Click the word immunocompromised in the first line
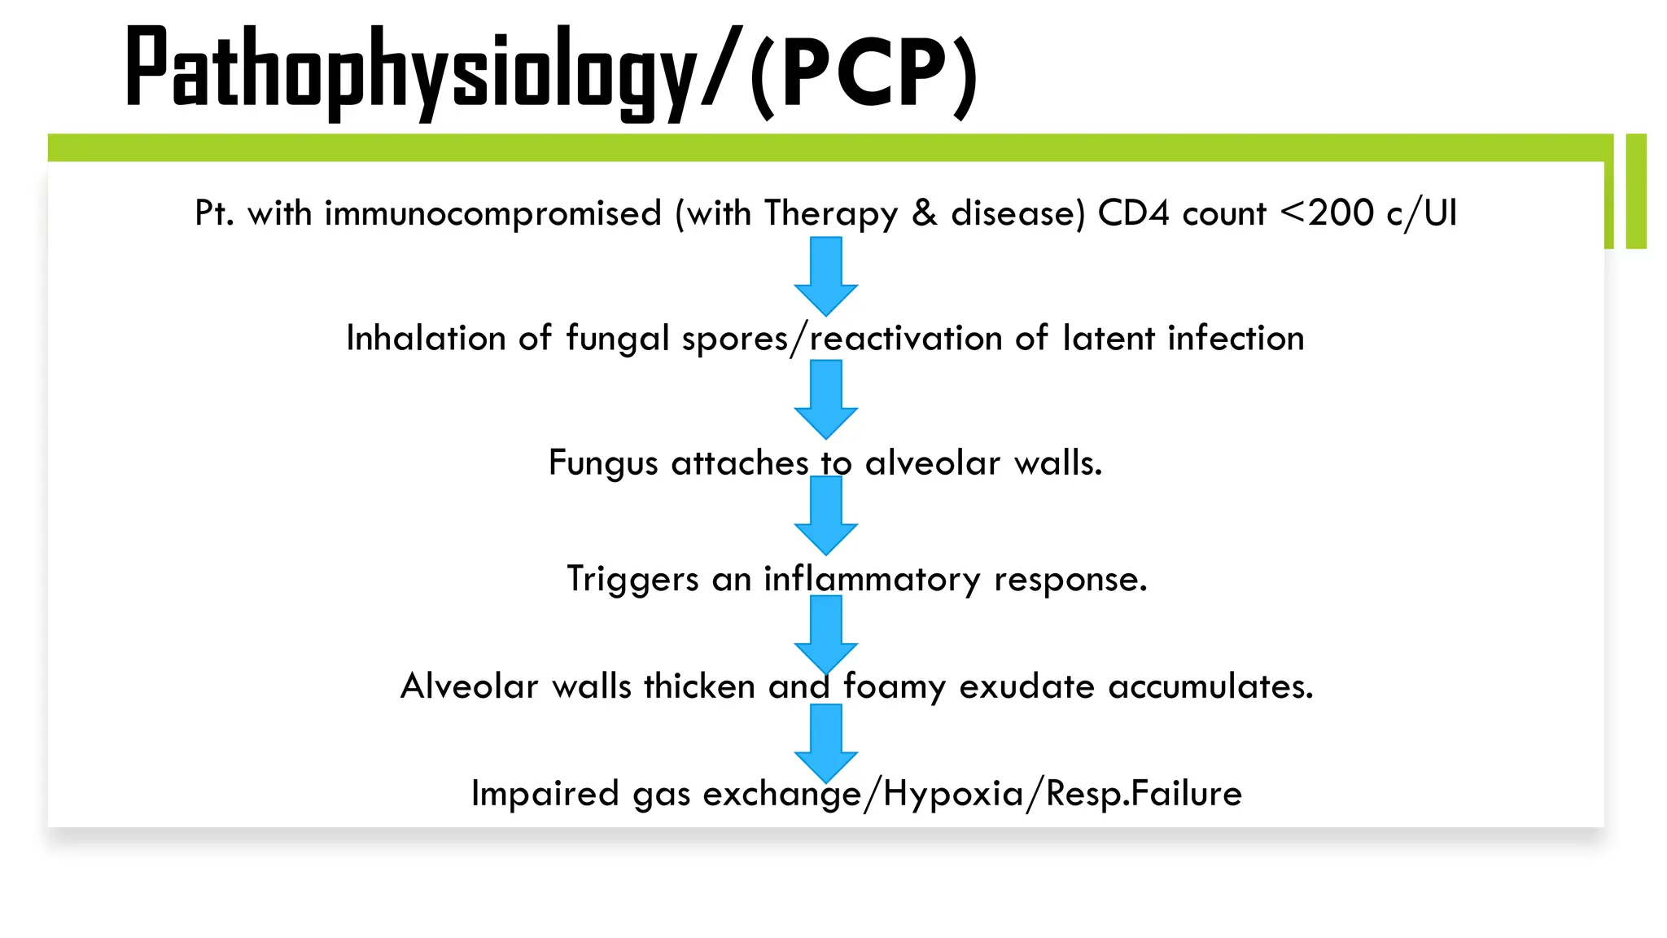pos(492,214)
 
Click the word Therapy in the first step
pos(830,214)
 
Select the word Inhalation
pos(426,338)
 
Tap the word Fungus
pos(603,463)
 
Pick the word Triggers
pos(632,580)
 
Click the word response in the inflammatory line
pos(1070,580)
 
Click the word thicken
pos(699,686)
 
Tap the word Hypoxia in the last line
pos(953,794)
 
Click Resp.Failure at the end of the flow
pos(1144,794)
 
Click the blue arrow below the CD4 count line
pos(826,276)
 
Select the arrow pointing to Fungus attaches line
pos(826,399)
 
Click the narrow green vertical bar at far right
pos(1636,191)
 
